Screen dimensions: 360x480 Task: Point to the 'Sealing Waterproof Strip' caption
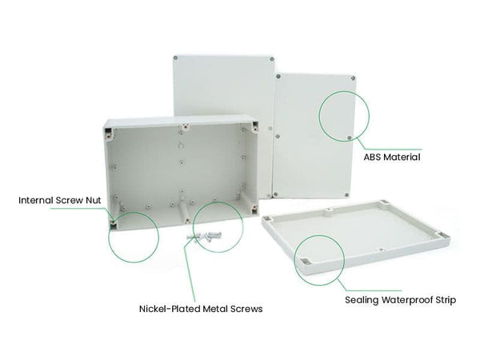pos(400,301)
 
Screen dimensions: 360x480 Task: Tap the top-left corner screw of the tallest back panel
pos(178,58)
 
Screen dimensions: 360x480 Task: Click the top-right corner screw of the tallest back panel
pos(273,58)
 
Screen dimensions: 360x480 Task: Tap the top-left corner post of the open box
pos(110,128)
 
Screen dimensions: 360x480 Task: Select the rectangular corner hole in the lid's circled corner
pos(307,261)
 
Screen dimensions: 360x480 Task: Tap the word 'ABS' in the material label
pos(373,158)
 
